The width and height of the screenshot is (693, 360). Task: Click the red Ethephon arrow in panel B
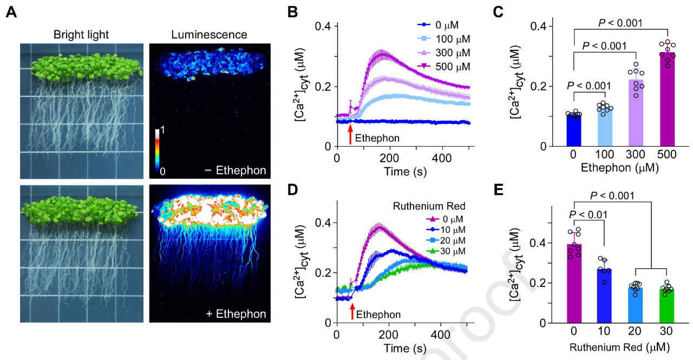tap(350, 135)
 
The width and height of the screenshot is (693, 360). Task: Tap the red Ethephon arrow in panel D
tap(352, 311)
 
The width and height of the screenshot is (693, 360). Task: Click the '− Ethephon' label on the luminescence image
tap(235, 171)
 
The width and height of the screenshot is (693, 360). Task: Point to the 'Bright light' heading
tap(81, 35)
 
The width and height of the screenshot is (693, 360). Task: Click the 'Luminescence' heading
tap(209, 35)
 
